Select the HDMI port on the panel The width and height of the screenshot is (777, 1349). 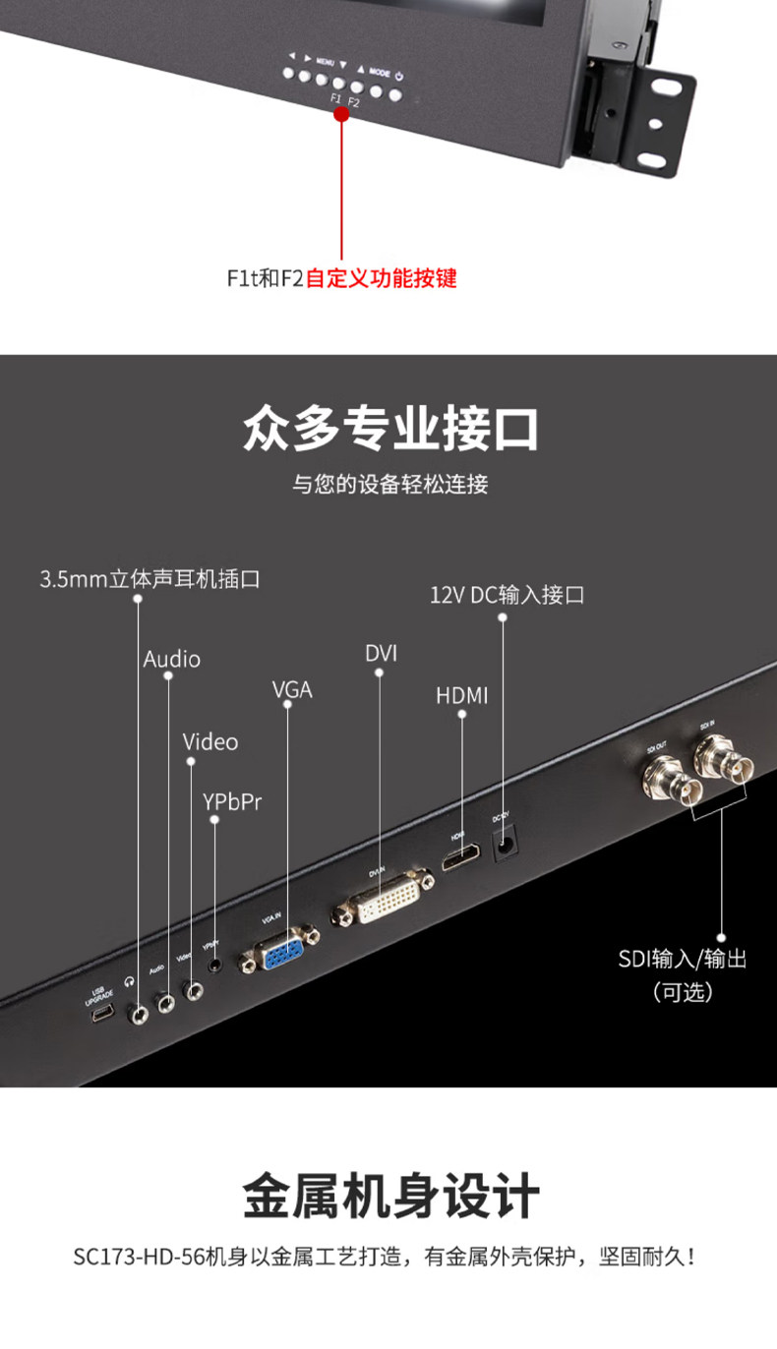pos(460,860)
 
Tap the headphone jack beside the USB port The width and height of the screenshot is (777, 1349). pos(139,1010)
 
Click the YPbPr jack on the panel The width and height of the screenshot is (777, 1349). pos(214,966)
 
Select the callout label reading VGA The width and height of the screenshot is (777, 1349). pos(292,690)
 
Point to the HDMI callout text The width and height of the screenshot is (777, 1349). pos(462,696)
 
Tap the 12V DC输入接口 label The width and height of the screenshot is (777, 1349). pos(507,595)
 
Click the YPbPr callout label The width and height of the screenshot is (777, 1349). pos(232,801)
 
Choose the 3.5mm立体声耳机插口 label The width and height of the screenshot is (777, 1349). pos(149,579)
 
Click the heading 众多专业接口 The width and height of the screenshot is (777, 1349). pos(389,430)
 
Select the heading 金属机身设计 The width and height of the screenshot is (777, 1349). pos(389,1197)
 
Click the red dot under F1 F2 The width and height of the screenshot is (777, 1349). pos(341,114)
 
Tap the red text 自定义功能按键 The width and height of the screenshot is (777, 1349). pos(382,278)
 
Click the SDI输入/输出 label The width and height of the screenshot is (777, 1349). pos(683,959)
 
